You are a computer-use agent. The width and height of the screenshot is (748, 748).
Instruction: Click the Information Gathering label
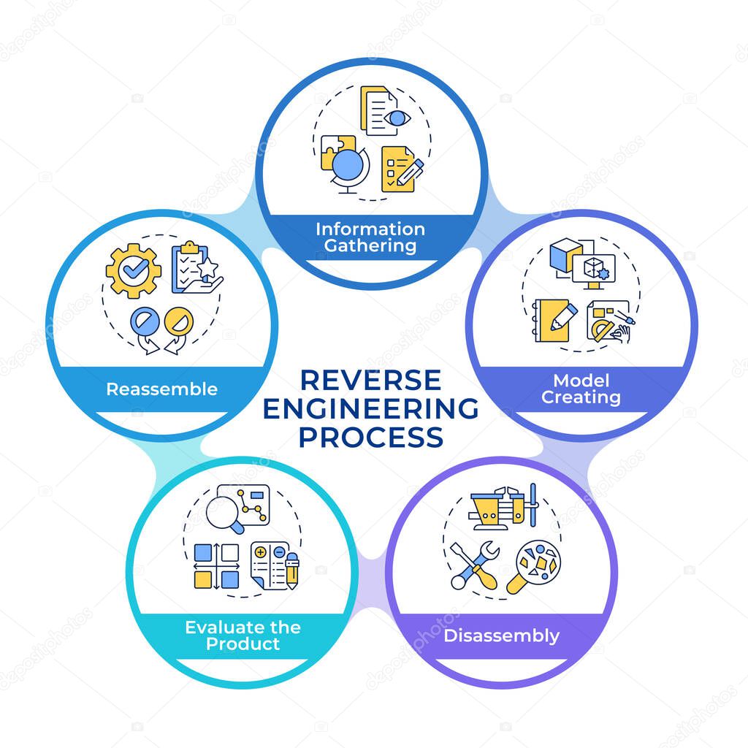pyautogui.click(x=370, y=237)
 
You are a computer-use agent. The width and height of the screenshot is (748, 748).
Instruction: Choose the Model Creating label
pyautogui.click(x=581, y=389)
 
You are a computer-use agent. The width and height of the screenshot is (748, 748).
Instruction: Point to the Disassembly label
pyautogui.click(x=501, y=636)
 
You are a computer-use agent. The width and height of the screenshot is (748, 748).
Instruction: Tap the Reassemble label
pyautogui.click(x=161, y=389)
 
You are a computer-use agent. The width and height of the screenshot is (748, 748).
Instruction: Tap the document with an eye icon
pyautogui.click(x=383, y=112)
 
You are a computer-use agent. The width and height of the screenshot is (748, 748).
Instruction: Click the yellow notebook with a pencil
pyautogui.click(x=552, y=319)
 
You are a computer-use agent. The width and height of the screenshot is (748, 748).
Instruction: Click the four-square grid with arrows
pyautogui.click(x=216, y=566)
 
